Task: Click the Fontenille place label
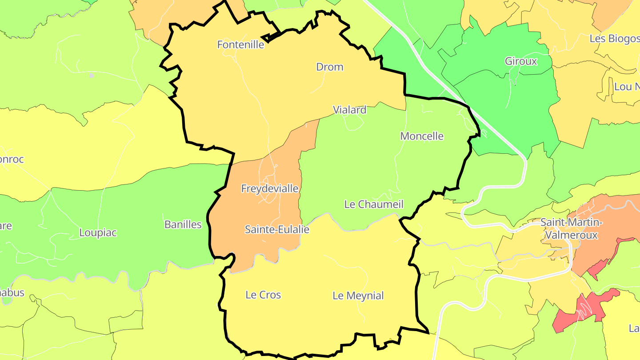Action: (x=240, y=44)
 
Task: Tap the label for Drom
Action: (x=329, y=67)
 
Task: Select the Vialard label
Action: (x=350, y=110)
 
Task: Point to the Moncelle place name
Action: (x=422, y=136)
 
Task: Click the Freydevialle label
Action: (x=270, y=188)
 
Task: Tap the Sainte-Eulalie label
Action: (x=277, y=229)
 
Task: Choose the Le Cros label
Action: (x=263, y=295)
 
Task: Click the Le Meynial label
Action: (x=358, y=296)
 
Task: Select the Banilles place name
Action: (x=183, y=224)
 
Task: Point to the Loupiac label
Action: (x=98, y=232)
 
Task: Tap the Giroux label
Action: (x=521, y=61)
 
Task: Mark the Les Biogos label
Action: (x=614, y=39)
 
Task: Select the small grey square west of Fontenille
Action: (x=92, y=76)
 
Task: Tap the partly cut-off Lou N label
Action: (x=626, y=86)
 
